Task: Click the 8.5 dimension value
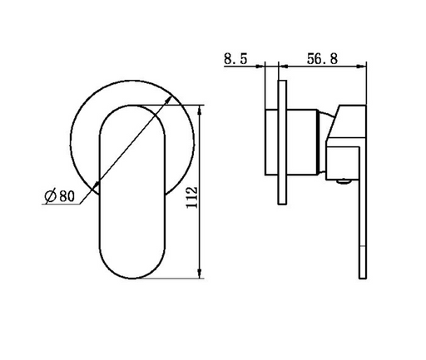click(235, 59)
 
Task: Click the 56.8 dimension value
click(322, 59)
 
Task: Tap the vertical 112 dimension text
click(192, 198)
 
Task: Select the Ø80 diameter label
click(60, 196)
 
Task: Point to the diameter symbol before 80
click(51, 196)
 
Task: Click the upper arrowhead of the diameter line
click(168, 100)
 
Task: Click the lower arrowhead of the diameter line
click(96, 185)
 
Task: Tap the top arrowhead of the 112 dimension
click(199, 110)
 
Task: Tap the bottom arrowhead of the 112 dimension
click(199, 274)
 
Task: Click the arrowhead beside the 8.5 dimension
click(260, 66)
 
